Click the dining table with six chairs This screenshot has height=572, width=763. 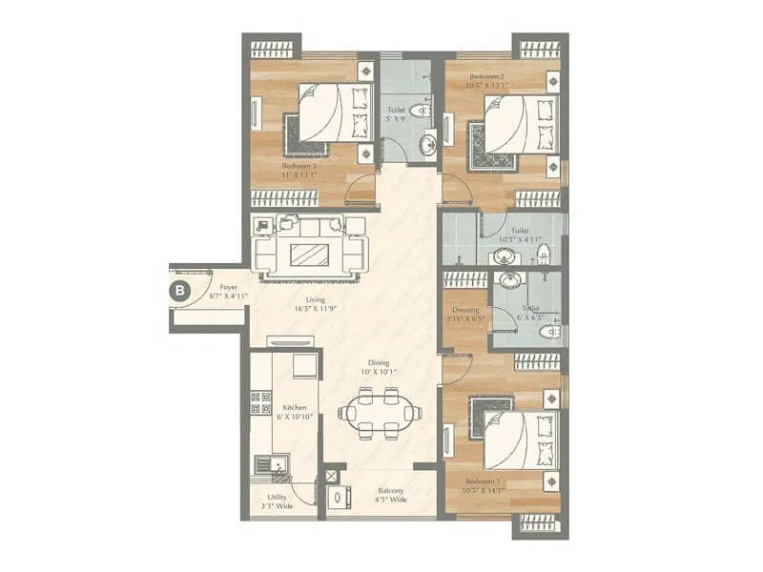pos(380,414)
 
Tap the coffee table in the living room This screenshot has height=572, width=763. pos(309,255)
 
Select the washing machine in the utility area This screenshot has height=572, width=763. pos(337,498)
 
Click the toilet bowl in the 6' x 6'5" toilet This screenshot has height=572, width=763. pos(550,331)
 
